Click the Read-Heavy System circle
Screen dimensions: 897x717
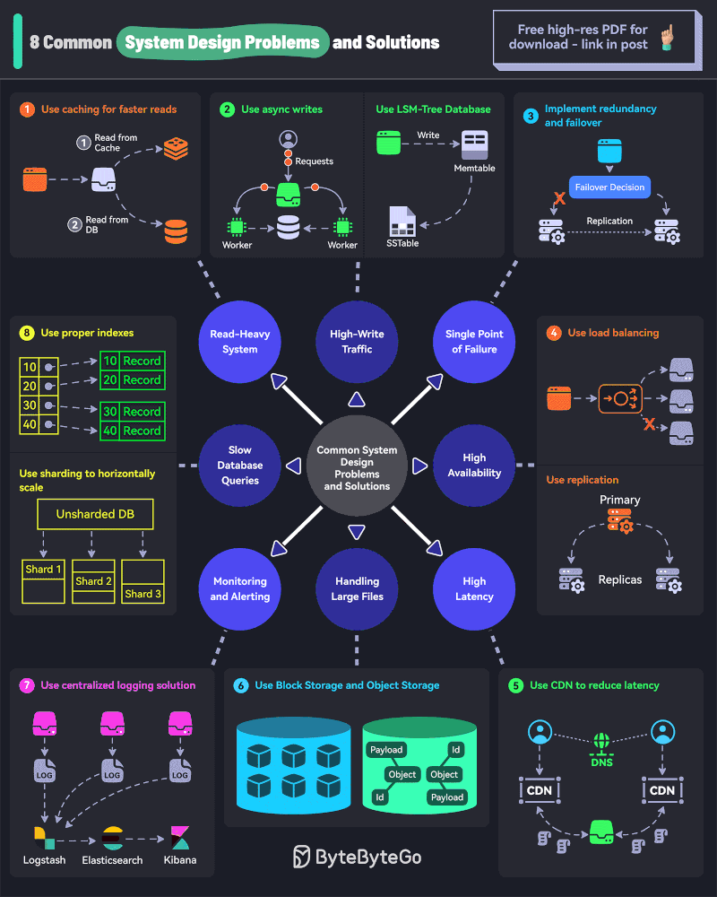click(240, 341)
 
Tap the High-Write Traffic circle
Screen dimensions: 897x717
click(357, 341)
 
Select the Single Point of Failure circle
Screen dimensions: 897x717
click(474, 341)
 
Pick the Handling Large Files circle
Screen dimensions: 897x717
click(357, 588)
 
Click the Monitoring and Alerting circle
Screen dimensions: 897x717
click(240, 588)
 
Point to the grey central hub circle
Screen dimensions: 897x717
click(357, 466)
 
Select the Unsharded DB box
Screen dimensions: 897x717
click(95, 515)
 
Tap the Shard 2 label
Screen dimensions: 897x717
click(93, 581)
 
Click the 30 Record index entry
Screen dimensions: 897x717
click(131, 412)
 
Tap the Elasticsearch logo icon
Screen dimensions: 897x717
click(112, 838)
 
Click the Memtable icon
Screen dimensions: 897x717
click(474, 144)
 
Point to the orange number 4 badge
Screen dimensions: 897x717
click(554, 333)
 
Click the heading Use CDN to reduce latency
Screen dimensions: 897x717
click(594, 685)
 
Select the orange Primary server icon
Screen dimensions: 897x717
click(619, 521)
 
